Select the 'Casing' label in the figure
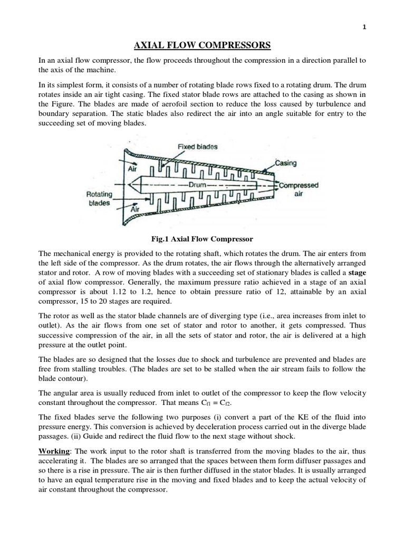coord(285,163)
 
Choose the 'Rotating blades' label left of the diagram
coord(99,199)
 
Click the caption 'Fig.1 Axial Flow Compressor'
coord(202,238)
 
